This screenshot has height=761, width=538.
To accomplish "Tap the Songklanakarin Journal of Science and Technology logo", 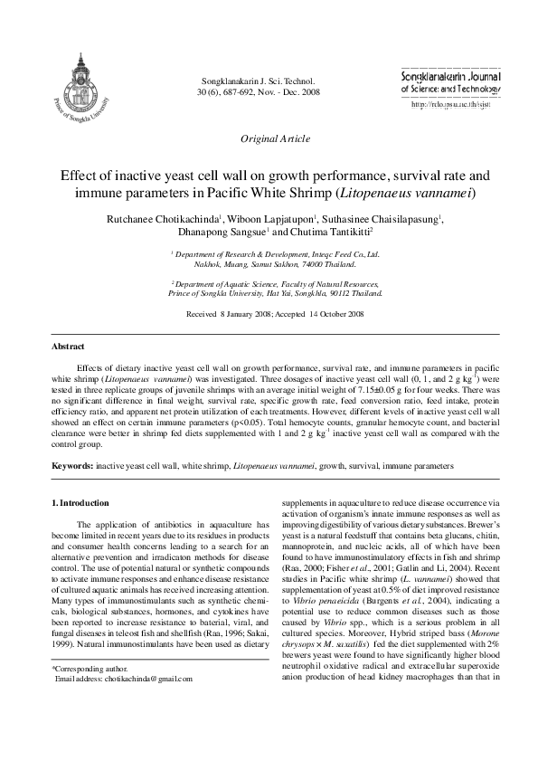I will [449, 84].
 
